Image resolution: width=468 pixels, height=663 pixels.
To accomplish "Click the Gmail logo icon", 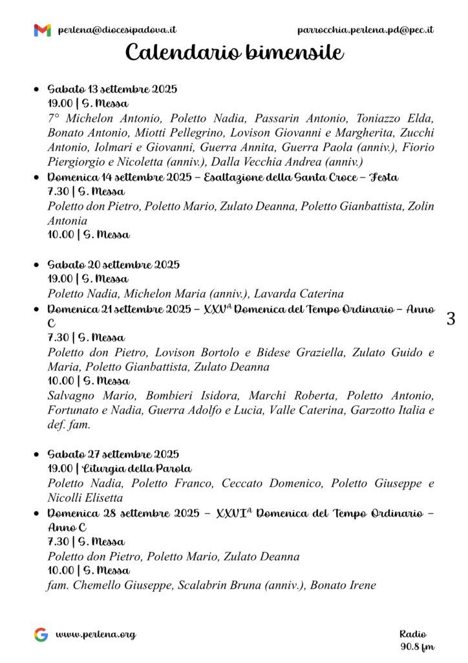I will pos(42,30).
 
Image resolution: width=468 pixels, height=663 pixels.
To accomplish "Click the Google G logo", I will pos(41,635).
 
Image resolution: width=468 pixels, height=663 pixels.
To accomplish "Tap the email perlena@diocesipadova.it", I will pos(117,30).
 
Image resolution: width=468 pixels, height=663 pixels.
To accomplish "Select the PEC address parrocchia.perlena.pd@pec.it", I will pos(365,30).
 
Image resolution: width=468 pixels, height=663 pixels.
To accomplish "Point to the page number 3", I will pos(451,319).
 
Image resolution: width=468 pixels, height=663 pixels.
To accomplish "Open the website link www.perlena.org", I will pos(96,635).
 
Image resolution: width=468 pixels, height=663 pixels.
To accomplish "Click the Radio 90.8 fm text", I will pos(416,640).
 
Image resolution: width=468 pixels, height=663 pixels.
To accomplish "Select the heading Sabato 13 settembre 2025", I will pos(112,89).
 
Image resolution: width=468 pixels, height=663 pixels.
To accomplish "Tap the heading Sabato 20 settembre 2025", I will pos(114,264).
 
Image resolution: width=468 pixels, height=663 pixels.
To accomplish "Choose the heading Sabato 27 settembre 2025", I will pos(114,454).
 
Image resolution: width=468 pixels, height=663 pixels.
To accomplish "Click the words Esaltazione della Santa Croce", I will pos(271,177).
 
